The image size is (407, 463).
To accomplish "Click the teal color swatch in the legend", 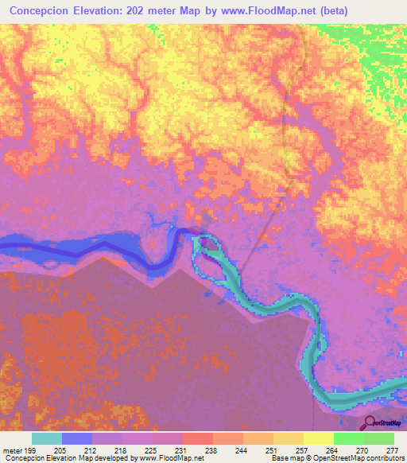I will point(47,438).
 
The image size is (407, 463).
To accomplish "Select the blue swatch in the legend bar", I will point(77,438).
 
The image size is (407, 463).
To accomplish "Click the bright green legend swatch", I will point(348,438).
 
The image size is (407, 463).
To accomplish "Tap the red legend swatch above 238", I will point(197,438).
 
